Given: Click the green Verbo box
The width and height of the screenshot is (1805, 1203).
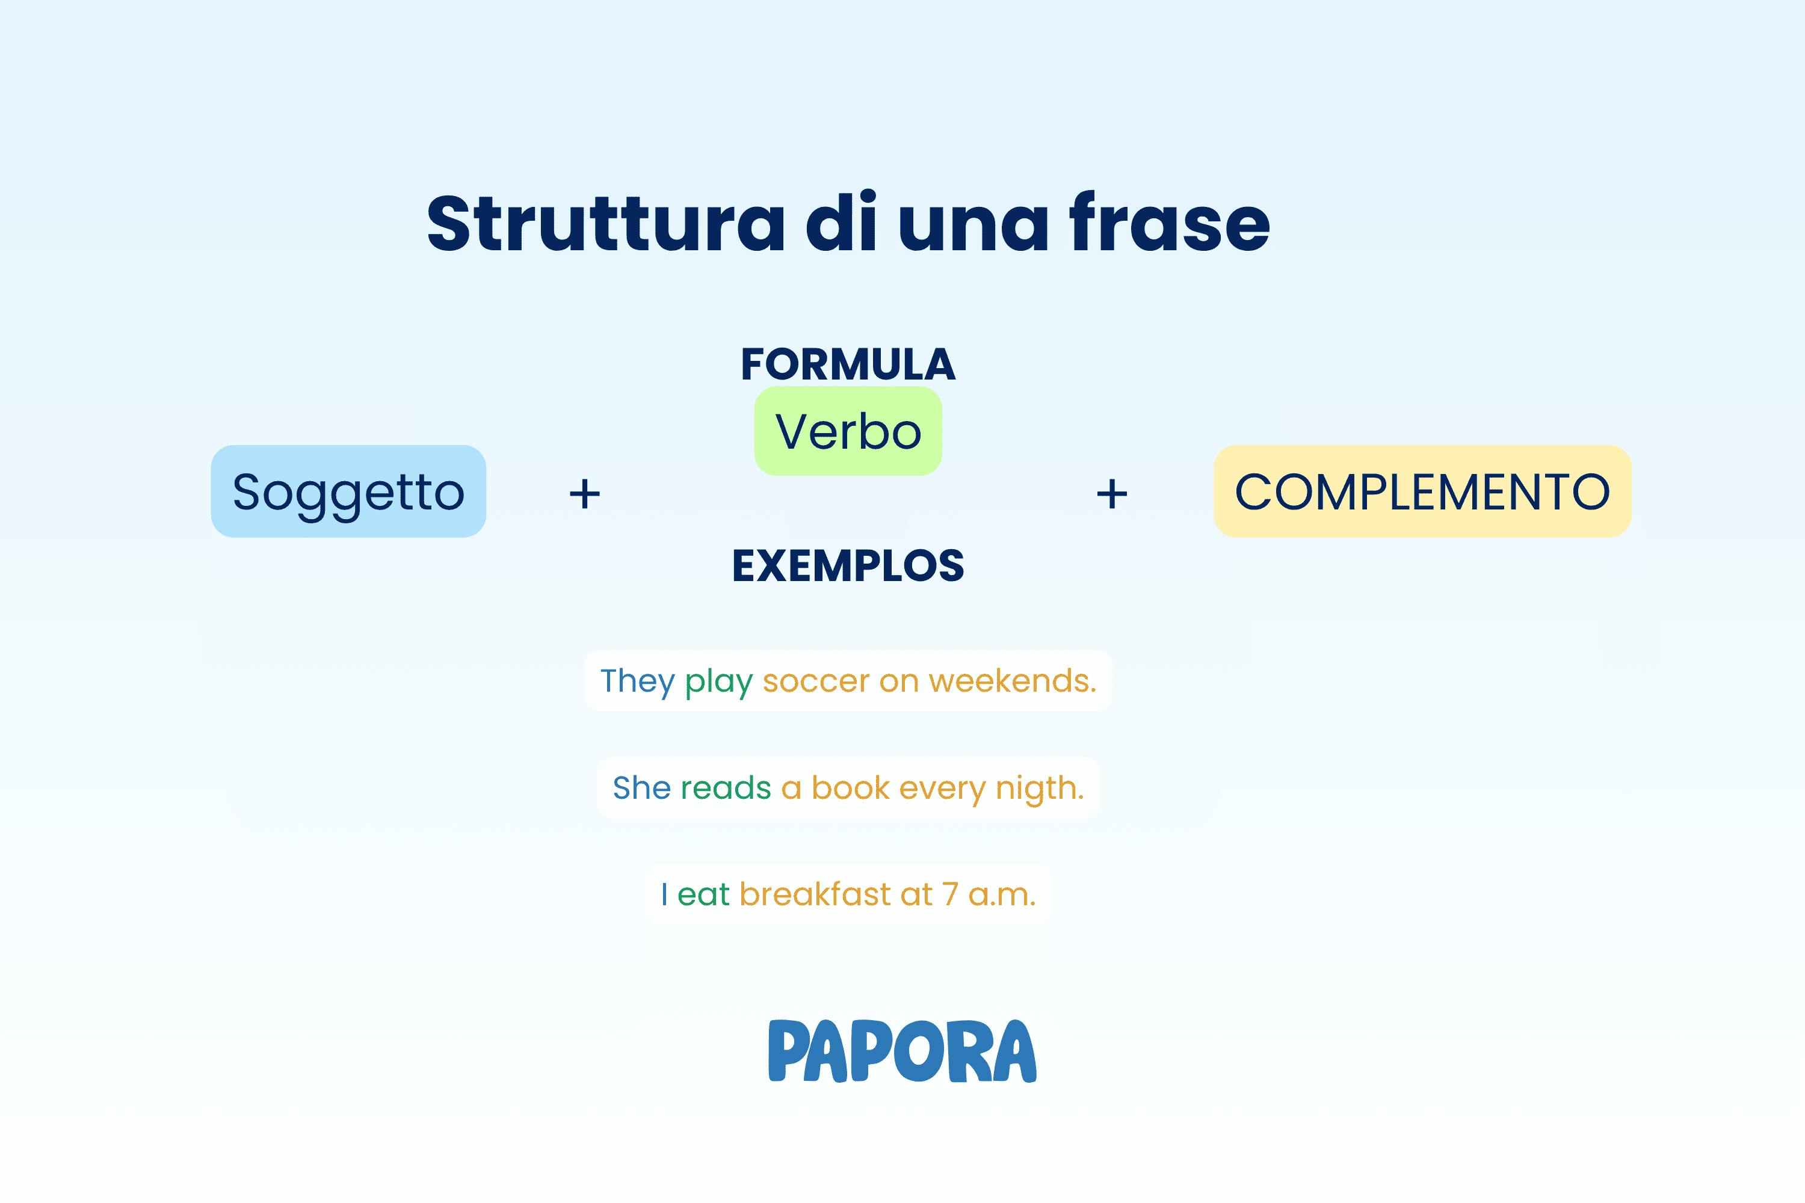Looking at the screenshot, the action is [848, 431].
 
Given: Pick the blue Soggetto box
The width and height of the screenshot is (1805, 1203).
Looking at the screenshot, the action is [348, 491].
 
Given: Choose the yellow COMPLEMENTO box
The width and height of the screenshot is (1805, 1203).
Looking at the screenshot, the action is [1422, 491].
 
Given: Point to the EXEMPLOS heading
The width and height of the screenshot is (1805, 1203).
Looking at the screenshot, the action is [848, 565].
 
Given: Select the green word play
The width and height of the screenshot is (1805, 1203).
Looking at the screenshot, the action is [719, 683].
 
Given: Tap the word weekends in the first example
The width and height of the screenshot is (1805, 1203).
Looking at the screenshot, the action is [1012, 680].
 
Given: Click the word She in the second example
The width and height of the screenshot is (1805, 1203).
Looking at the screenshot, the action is [641, 788].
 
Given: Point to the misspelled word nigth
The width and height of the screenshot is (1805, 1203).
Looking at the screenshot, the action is [1040, 789].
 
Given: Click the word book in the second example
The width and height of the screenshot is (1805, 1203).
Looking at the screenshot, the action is [850, 788].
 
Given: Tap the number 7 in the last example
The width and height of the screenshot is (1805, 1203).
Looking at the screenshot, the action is [950, 894].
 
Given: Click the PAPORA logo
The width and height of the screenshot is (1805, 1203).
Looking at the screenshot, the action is [902, 1050].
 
